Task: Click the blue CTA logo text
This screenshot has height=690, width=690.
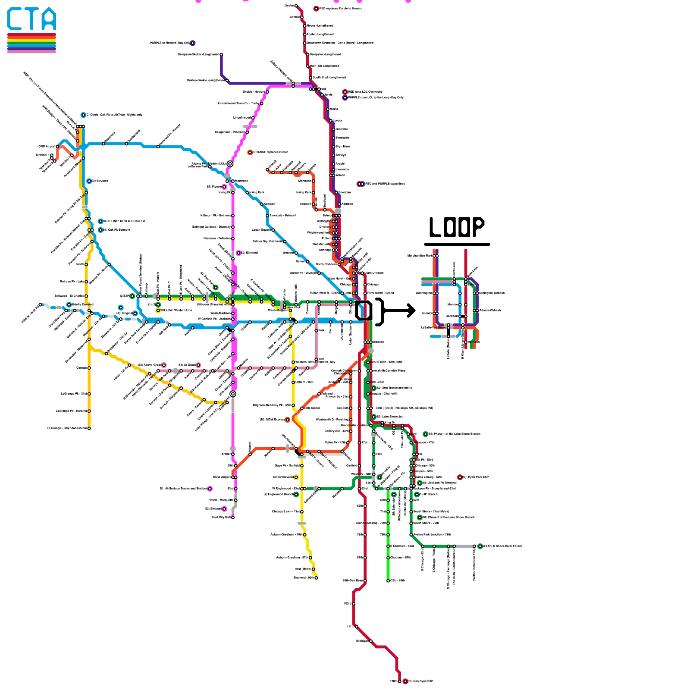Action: click(31, 19)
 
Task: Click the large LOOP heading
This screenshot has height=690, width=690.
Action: click(457, 227)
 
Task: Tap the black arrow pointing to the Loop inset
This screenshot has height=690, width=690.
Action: click(399, 310)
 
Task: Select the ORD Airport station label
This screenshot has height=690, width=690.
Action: click(47, 147)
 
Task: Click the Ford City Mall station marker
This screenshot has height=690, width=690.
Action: click(233, 517)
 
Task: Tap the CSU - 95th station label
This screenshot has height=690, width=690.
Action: click(398, 581)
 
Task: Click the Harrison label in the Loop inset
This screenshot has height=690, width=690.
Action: click(474, 342)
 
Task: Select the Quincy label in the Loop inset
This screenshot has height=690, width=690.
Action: click(427, 314)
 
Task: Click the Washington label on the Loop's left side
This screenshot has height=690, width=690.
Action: click(423, 293)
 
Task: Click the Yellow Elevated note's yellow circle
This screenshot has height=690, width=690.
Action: click(296, 477)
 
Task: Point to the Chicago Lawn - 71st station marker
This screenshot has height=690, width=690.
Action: click(302, 512)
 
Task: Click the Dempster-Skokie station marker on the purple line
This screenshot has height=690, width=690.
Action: click(221, 54)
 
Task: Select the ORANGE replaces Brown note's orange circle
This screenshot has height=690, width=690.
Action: click(250, 152)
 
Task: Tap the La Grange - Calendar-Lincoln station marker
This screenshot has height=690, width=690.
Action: click(89, 428)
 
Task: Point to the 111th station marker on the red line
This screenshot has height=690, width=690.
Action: click(356, 627)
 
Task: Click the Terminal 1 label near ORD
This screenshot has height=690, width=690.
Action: click(42, 155)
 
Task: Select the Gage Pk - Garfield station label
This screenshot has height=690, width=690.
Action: click(287, 466)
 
